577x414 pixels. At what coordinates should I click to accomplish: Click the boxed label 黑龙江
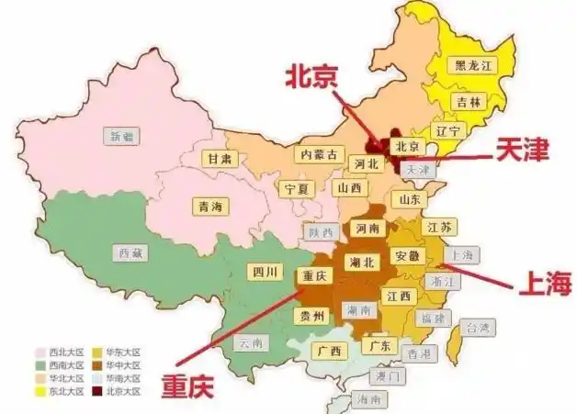[474, 65]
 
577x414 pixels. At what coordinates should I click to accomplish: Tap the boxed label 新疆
[122, 136]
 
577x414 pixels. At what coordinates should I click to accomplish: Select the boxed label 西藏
[130, 252]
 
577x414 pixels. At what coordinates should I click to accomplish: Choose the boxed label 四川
[263, 271]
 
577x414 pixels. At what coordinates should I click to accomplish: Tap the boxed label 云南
[252, 343]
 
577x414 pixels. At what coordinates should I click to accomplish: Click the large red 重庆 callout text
[188, 384]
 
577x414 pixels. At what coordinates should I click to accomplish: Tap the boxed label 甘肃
[220, 158]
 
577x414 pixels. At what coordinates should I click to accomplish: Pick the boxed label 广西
[328, 351]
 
